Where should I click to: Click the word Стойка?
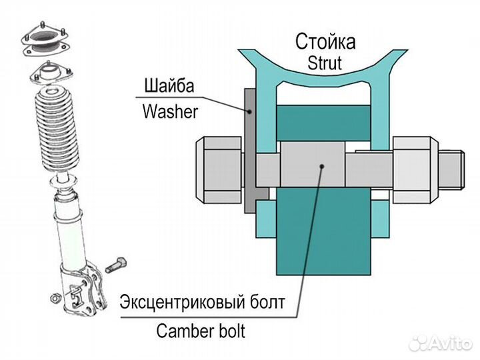[325, 43]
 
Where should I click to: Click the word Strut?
[325, 63]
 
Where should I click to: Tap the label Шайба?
[170, 87]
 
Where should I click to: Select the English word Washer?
[170, 111]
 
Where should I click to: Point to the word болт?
[266, 303]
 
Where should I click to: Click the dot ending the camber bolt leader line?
[323, 163]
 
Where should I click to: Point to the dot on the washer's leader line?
[251, 112]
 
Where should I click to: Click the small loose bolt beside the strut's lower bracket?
[116, 264]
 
